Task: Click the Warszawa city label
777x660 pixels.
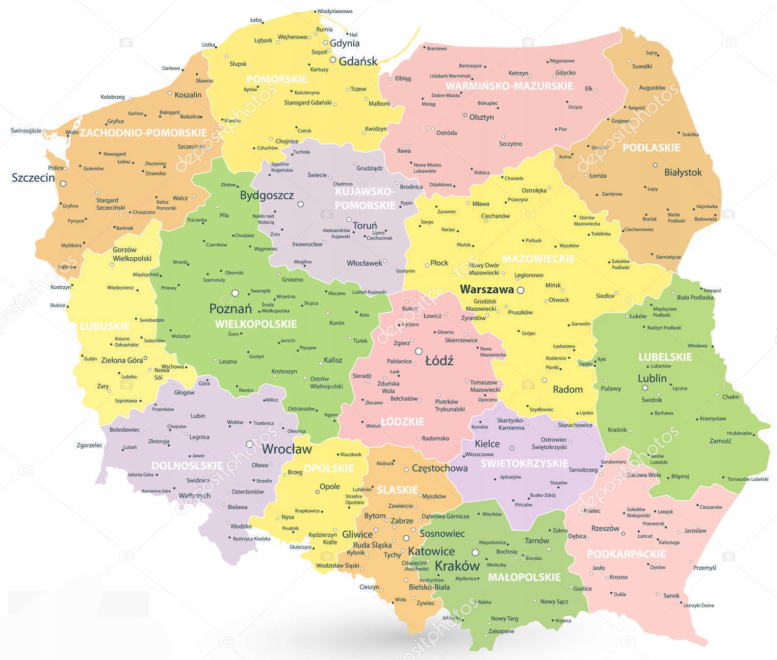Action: tap(486, 290)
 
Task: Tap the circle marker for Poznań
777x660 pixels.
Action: tap(235, 293)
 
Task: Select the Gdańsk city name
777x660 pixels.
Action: tap(358, 62)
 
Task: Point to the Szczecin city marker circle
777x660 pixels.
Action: tap(63, 184)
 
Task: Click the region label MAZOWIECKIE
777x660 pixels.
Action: tap(538, 259)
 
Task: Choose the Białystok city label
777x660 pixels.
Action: tap(683, 173)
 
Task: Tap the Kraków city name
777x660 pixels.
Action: tap(457, 566)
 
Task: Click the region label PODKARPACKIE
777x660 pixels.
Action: tap(626, 554)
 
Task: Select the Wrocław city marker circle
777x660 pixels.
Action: tap(249, 444)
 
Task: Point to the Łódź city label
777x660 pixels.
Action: tap(439, 361)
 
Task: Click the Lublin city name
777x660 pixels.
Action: tap(652, 378)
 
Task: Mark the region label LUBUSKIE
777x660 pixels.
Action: tap(105, 326)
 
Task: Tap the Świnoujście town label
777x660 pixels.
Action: tap(26, 131)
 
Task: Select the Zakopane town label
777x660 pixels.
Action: tap(501, 631)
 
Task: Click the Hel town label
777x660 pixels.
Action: tap(353, 35)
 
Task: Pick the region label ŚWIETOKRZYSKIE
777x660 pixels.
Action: tap(524, 463)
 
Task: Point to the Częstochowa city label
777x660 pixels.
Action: tap(439, 468)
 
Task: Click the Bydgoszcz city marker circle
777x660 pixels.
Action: tap(301, 204)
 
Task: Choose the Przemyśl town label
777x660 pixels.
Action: tap(705, 567)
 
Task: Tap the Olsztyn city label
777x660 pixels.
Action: tap(481, 117)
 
